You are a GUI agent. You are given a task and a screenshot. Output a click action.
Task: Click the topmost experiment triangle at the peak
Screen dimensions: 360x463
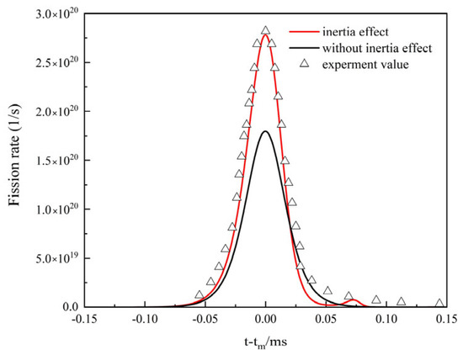tap(266, 30)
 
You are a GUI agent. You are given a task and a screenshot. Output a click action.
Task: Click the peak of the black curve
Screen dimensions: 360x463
tap(266, 130)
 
